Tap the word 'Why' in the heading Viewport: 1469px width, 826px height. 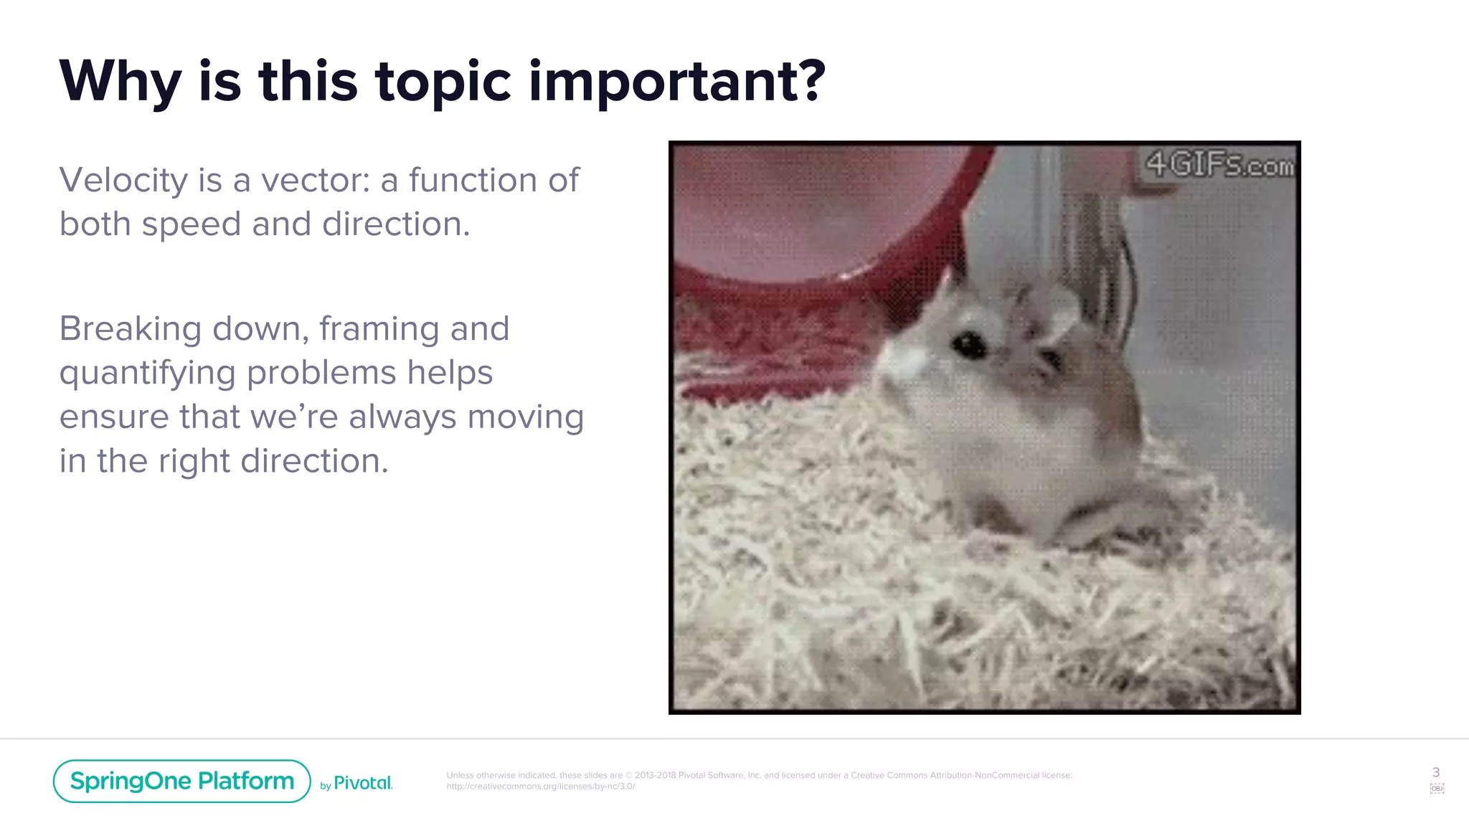[120, 82]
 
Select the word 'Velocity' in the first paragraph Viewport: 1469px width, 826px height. [123, 180]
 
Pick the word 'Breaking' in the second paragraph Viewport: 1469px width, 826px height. [130, 329]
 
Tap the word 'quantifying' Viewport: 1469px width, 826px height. [147, 373]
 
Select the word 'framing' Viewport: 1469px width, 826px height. [379, 329]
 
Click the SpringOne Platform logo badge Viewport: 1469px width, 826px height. [181, 781]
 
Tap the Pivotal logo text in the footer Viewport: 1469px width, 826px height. [363, 783]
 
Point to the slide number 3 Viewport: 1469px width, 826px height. [1435, 772]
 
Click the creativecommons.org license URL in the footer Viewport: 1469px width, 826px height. [540, 787]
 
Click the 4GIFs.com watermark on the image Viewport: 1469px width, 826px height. [1219, 164]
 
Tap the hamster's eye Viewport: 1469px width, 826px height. [969, 345]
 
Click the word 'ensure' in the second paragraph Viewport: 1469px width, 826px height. [113, 417]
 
